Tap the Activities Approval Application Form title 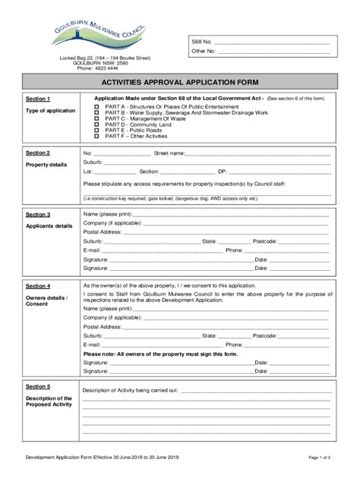pos(181,82)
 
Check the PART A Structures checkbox pos(96,107)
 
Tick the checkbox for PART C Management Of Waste pos(96,118)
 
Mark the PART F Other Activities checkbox pos(96,136)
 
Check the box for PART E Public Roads pos(96,130)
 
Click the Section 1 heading pos(38,99)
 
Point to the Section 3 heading pos(38,215)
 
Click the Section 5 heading pos(38,386)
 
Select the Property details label pos(46,165)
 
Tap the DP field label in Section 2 pos(222,171)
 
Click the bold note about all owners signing pos(160,354)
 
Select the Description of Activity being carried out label pos(130,390)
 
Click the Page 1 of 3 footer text pos(318,458)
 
